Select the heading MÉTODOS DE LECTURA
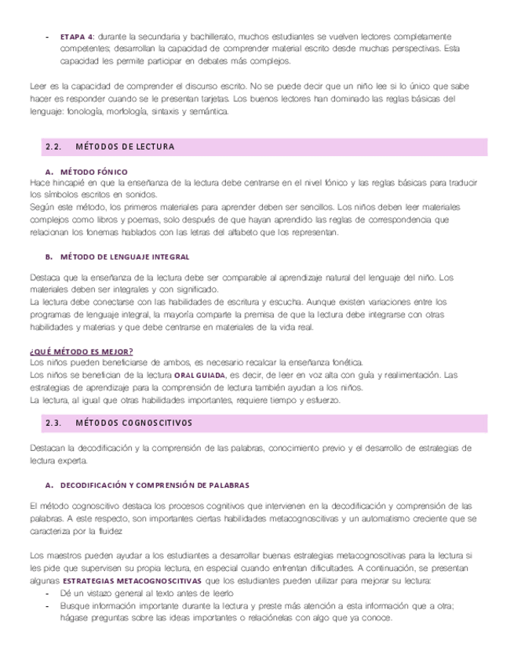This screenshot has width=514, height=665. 126,147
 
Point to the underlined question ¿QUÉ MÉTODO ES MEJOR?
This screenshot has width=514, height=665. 81,351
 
